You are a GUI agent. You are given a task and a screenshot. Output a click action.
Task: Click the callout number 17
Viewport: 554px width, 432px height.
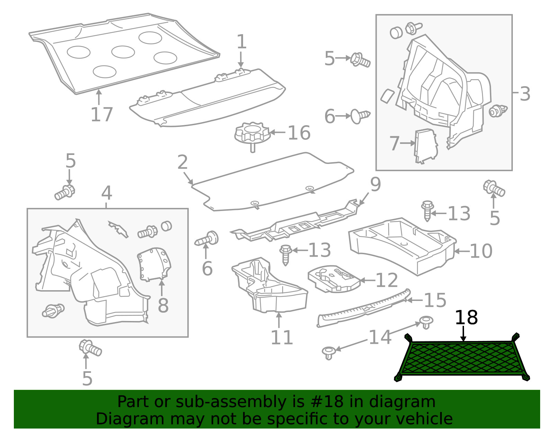(101, 114)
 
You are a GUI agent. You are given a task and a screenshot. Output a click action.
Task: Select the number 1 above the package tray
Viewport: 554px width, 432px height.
(241, 42)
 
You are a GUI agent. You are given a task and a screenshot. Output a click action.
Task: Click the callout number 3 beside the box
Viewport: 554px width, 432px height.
(525, 94)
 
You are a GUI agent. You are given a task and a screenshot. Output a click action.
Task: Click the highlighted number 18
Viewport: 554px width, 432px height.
(466, 318)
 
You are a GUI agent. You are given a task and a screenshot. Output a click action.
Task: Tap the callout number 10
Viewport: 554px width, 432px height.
(481, 251)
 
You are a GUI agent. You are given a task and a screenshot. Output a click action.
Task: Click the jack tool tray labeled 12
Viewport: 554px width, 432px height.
(334, 279)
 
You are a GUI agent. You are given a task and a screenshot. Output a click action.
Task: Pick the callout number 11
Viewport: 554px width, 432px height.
(282, 338)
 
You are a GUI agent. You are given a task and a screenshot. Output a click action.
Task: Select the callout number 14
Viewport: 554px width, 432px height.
(380, 337)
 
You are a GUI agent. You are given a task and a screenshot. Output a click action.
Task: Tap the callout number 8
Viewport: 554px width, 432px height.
(163, 305)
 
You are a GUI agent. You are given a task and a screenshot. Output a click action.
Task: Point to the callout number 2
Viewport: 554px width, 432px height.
(182, 162)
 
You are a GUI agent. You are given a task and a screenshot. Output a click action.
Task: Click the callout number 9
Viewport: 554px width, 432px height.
(376, 184)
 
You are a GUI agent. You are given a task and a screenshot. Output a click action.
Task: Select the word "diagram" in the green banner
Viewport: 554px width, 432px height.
(402, 402)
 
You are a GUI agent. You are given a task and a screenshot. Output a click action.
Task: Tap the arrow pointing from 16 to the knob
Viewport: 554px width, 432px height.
(277, 132)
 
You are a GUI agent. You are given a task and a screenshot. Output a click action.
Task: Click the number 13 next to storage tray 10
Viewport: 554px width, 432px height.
(459, 214)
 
